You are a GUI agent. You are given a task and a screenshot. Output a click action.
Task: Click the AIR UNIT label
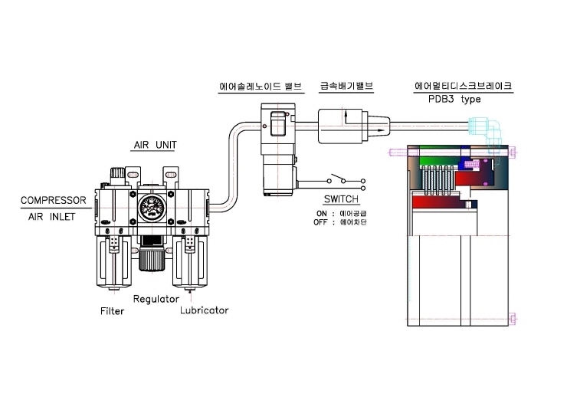155,145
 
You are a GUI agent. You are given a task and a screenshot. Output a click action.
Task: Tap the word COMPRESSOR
53,200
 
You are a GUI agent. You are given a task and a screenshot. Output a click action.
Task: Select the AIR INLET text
51,217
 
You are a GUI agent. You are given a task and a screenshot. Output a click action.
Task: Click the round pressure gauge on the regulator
152,208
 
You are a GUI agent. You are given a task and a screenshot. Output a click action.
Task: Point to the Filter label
112,311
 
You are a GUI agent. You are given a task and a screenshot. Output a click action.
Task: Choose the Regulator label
156,299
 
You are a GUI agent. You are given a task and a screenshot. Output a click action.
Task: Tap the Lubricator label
205,310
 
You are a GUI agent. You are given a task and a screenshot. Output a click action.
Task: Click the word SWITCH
341,199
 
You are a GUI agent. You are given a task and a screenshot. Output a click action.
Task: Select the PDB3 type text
454,99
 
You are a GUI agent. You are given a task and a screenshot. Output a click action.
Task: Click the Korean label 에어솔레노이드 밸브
261,87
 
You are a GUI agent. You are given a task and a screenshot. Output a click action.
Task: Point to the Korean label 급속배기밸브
346,86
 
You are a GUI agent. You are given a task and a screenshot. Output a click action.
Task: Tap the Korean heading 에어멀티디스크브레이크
464,86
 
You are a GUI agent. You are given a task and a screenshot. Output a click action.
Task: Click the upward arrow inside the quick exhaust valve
346,116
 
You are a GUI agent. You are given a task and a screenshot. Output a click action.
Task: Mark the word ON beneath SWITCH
322,214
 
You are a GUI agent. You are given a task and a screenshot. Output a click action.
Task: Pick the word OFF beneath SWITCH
320,222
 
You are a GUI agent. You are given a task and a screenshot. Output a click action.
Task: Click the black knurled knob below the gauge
152,258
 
